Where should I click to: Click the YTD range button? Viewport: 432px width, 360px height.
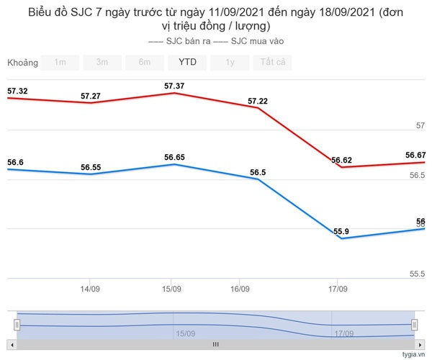(x=187, y=62)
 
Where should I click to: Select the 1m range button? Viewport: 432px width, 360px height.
(x=60, y=62)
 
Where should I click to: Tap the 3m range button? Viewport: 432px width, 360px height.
(x=102, y=62)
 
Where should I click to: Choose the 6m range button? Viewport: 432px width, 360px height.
(x=145, y=62)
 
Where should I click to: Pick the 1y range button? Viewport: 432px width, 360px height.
(x=230, y=62)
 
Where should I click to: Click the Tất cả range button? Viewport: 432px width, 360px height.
(x=272, y=62)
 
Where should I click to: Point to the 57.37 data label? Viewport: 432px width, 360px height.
(x=174, y=86)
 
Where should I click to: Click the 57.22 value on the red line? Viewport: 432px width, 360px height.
(x=257, y=102)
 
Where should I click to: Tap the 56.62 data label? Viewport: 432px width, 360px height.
(x=341, y=161)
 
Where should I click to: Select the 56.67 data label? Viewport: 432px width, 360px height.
(x=415, y=156)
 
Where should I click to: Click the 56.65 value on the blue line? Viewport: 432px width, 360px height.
(x=174, y=158)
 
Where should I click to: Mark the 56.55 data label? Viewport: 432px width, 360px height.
(x=91, y=168)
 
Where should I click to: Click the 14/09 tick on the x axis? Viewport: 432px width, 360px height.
(x=89, y=289)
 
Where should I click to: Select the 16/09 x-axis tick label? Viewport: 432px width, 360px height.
(x=240, y=289)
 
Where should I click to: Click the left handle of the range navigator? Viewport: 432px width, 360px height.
(x=17, y=325)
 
